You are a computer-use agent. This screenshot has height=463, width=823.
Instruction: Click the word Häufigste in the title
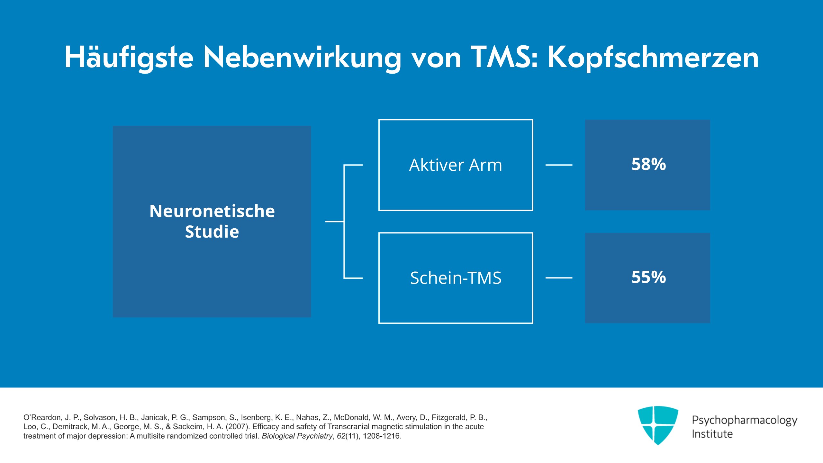tap(129, 57)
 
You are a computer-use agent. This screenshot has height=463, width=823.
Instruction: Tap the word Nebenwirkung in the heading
tap(303, 57)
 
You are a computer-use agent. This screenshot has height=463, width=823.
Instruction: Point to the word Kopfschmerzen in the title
tap(653, 57)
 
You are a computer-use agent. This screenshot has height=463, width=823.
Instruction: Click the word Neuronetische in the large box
tap(212, 211)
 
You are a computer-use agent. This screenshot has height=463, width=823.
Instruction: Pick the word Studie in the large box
tap(212, 232)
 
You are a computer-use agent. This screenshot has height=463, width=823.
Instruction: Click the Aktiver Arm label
tap(456, 165)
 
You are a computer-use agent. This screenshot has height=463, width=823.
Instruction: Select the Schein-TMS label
tap(456, 278)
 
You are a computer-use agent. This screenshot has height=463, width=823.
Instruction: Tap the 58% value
tap(648, 164)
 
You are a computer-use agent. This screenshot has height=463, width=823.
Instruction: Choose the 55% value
tap(648, 277)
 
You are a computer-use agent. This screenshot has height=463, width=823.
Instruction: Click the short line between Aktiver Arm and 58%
tap(559, 165)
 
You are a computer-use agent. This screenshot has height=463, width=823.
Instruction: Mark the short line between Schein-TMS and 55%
tap(559, 278)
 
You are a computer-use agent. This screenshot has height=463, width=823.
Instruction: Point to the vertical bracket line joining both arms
tap(344, 222)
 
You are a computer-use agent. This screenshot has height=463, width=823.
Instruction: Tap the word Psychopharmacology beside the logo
tap(745, 420)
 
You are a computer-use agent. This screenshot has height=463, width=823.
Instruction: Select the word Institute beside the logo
tap(712, 434)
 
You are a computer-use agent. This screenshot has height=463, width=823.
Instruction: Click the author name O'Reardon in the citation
tap(42, 417)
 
